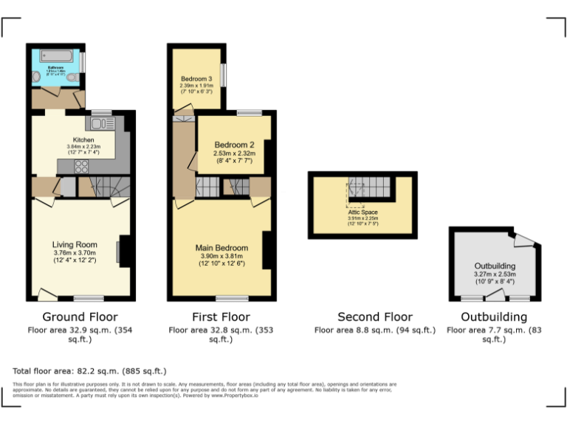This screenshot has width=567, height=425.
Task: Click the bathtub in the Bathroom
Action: pos(55,56)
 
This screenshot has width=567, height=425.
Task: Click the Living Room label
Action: pos(75,244)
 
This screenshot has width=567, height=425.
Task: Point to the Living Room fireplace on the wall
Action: pos(123,252)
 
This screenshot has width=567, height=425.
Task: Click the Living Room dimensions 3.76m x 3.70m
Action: pos(75,253)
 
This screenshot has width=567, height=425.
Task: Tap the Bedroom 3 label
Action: pos(196,79)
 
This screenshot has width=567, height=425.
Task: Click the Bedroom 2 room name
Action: pos(234,145)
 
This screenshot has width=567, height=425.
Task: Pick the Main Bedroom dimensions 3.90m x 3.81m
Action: pos(221,256)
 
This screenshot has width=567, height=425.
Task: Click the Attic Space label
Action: pos(362,212)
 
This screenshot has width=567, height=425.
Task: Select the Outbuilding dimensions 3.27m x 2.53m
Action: pos(495,274)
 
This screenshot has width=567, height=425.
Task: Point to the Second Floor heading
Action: pos(375,317)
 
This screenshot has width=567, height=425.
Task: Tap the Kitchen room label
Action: pos(83,139)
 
